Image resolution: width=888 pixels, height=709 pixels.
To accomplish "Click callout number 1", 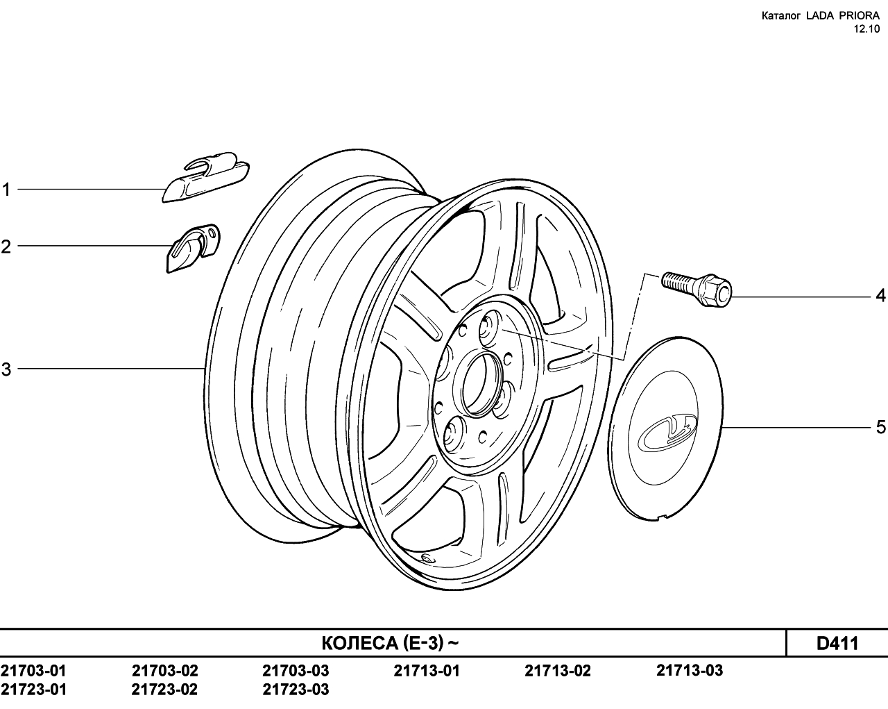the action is pos(6,190).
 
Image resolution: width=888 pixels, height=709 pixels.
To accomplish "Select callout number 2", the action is pos(6,247).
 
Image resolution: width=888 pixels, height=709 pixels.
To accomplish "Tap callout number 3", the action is pos(6,369).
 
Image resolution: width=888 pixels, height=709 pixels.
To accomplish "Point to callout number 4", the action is pos(880,295).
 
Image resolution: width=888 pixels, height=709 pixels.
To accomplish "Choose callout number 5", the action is pos(881,427).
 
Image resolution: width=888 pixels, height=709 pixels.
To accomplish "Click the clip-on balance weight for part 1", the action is pos(205,177).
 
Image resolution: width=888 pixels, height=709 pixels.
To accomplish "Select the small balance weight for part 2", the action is pos(193,249).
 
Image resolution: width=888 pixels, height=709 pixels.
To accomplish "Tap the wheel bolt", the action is pos(696,289).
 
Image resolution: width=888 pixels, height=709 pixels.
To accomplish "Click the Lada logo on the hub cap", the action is pos(667,432).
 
